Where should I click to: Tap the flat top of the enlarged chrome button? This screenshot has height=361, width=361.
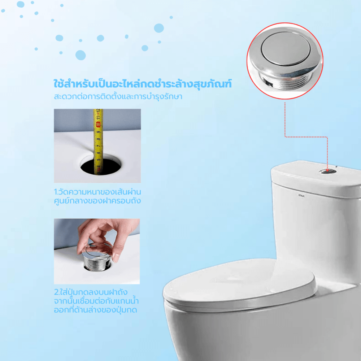[x=286, y=49]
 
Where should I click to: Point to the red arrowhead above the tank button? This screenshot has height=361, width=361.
[x=327, y=170]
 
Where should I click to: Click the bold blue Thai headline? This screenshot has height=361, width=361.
[x=143, y=84]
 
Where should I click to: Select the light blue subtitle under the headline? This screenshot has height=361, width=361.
[x=118, y=96]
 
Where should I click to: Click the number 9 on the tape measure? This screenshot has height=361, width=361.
[x=98, y=132]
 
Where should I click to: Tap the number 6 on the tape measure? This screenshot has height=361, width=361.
[x=98, y=153]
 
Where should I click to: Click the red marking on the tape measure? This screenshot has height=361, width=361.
[x=99, y=125]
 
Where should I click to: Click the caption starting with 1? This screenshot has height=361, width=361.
[x=97, y=196]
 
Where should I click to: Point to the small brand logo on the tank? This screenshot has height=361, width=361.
[x=301, y=196]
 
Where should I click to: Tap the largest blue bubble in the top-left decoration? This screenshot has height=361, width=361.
[x=81, y=55]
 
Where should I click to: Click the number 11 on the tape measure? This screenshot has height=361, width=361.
[x=98, y=117]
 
